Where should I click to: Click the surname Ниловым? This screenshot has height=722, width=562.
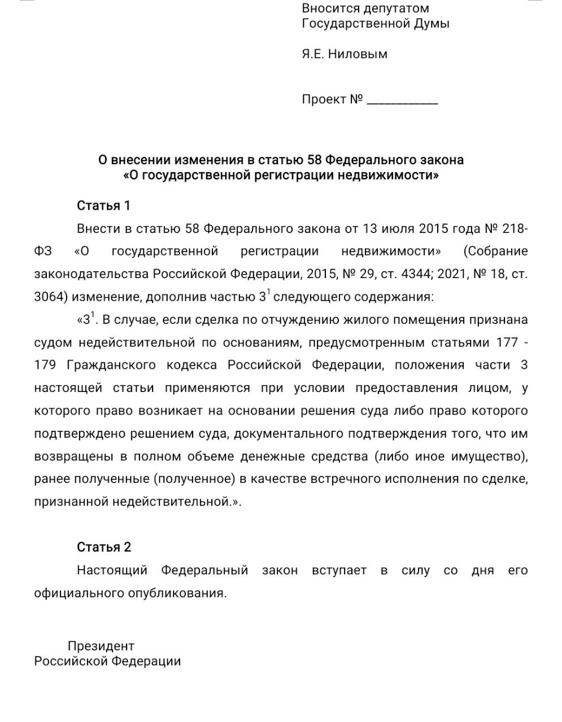coord(358,54)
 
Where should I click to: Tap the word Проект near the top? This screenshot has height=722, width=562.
coord(324,99)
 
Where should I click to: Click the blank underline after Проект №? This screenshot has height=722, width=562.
coord(402,102)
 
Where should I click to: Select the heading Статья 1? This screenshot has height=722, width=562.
coord(103,205)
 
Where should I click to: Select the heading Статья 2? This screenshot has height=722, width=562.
coord(104,547)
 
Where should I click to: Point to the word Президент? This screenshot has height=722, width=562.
coord(101,646)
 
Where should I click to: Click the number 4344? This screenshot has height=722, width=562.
coord(415,274)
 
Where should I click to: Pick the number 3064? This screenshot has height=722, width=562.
coord(47,297)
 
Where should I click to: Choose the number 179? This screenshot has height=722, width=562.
coord(45,365)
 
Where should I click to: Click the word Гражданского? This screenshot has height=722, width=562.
coord(111,365)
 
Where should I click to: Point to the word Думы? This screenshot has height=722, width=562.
coord(433,23)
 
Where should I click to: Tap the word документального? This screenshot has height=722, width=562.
coord(281,433)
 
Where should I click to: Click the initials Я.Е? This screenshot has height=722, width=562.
coord(313,54)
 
